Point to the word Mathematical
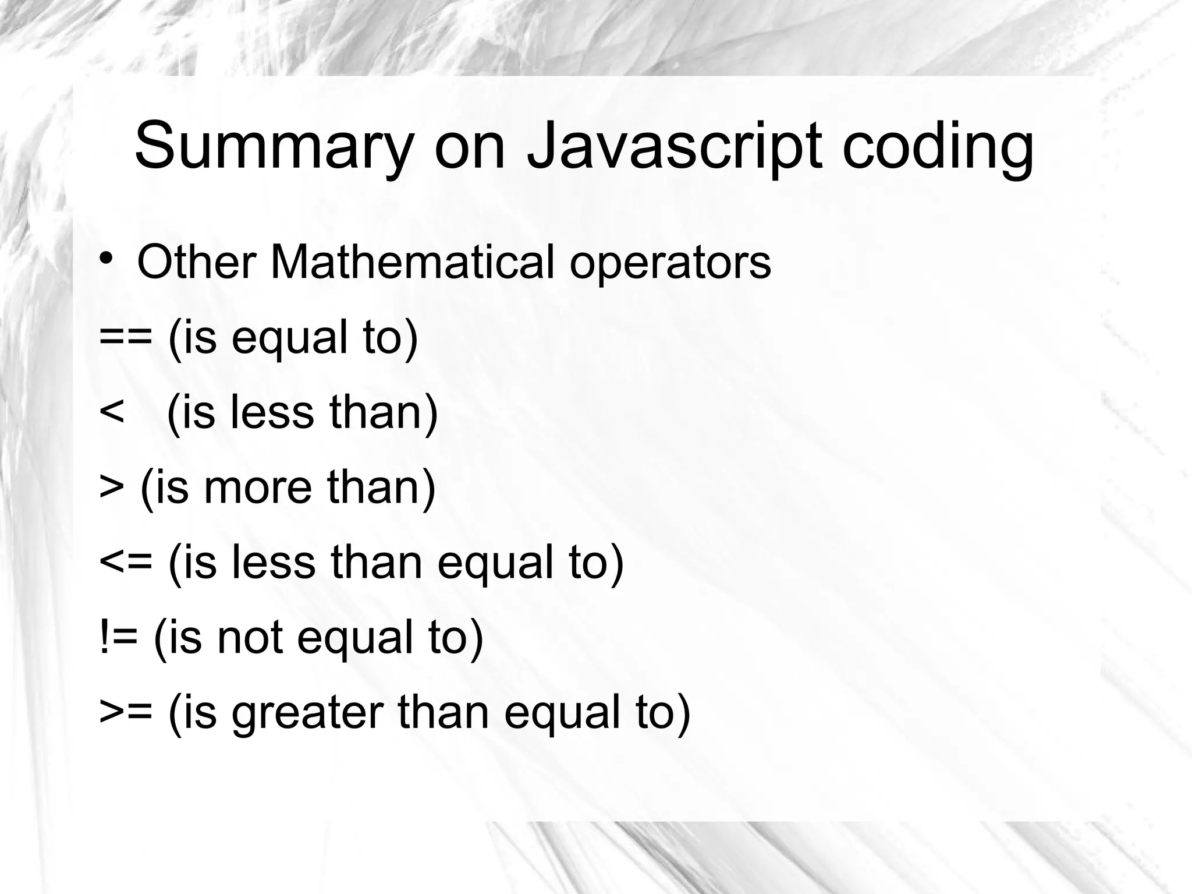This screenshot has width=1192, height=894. pos(412,262)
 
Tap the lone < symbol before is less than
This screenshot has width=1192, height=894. pos(112,412)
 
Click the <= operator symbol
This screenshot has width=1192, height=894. pos(126,562)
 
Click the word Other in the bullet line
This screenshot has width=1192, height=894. pos(196,262)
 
